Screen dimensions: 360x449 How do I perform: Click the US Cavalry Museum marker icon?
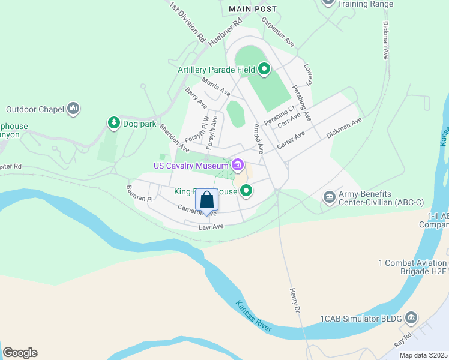pos(238,164)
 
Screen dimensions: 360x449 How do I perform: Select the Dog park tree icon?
pos(113,123)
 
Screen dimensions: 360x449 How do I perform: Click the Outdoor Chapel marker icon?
pos(74,108)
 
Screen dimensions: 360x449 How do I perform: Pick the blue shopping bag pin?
pos(207,200)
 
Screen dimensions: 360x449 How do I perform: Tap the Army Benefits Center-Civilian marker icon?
pos(329,197)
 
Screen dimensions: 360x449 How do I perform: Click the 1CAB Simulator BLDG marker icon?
pos(411,317)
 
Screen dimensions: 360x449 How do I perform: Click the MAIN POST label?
pos(253,9)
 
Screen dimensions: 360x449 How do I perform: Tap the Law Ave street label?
pos(211,227)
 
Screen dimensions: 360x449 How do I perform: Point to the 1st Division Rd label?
pos(188,22)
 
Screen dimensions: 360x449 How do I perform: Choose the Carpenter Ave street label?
pos(277,33)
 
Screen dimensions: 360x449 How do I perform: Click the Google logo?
pos(20,353)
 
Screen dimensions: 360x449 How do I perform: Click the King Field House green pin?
pos(246,191)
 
